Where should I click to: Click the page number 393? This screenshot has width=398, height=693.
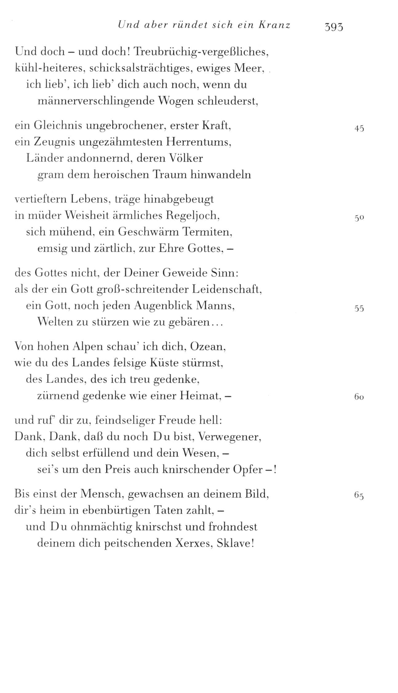pos(333,27)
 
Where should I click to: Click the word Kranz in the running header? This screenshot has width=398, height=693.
pos(275,25)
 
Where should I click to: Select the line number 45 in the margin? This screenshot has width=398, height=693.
pos(359,129)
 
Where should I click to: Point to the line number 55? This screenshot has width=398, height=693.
pos(359,309)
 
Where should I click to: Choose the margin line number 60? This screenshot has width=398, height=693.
pos(359,397)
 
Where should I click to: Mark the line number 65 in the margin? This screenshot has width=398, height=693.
pos(359,495)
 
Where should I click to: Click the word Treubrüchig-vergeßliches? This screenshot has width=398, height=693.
pos(202,52)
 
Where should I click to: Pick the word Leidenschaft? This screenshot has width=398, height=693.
pos(230,290)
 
